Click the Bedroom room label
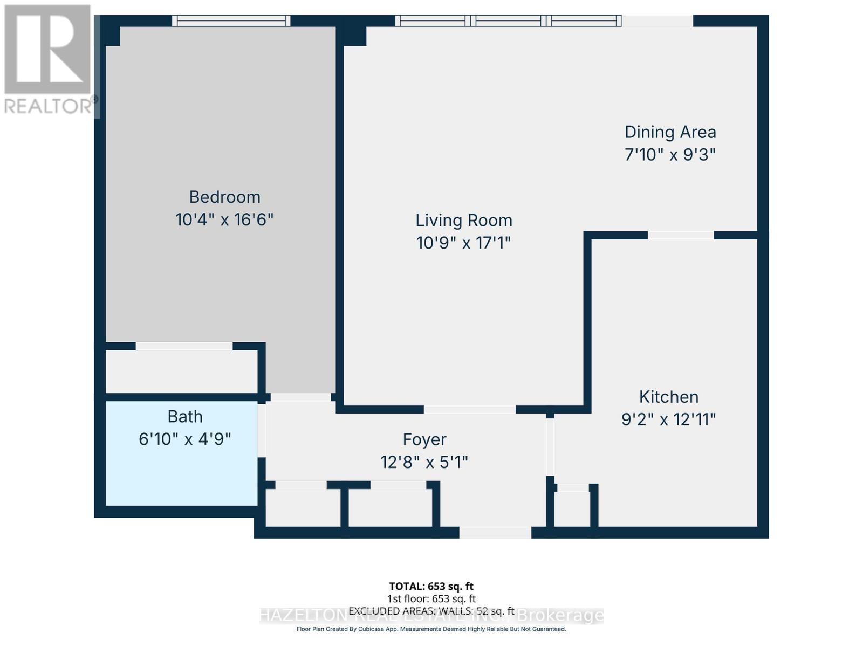coord(224,197)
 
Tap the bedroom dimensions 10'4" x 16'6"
coord(224,220)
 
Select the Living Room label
coord(463,220)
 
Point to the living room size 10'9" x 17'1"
coord(463,243)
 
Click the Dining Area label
coord(670,132)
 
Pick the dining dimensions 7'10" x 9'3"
coord(670,155)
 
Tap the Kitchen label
coord(668,397)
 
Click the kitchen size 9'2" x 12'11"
coord(668,419)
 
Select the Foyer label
coord(424,439)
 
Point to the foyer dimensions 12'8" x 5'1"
coord(424,463)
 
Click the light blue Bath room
coord(181,474)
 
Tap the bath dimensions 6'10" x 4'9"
coord(184,439)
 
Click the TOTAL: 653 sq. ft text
coord(431,586)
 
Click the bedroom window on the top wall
coord(231,21)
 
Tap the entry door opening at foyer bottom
coord(495,533)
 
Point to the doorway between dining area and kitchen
coord(680,235)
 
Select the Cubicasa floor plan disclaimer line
coord(431,629)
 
